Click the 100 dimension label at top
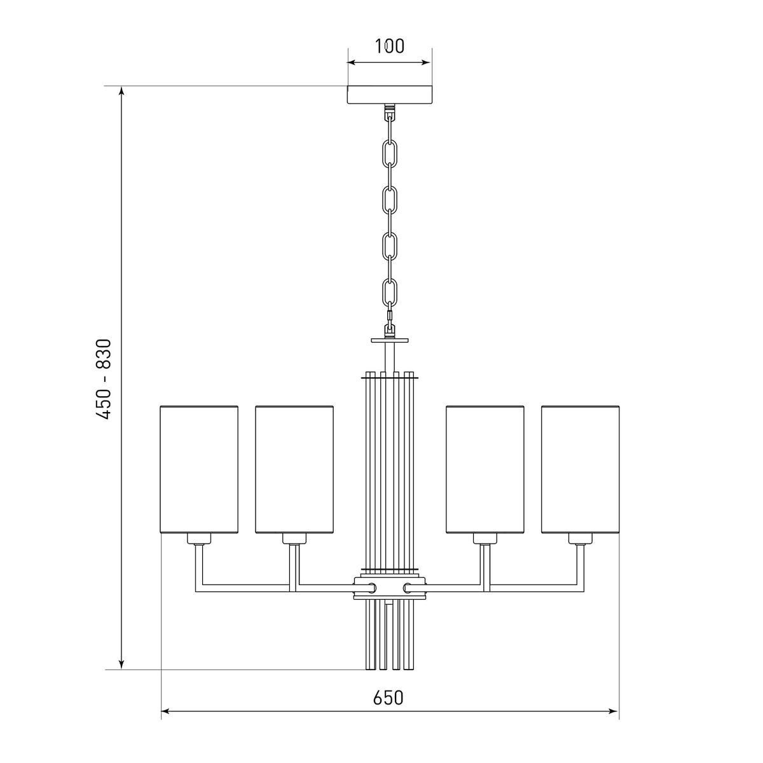click(389, 46)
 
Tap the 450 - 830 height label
click(104, 379)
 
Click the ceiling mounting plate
click(389, 95)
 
